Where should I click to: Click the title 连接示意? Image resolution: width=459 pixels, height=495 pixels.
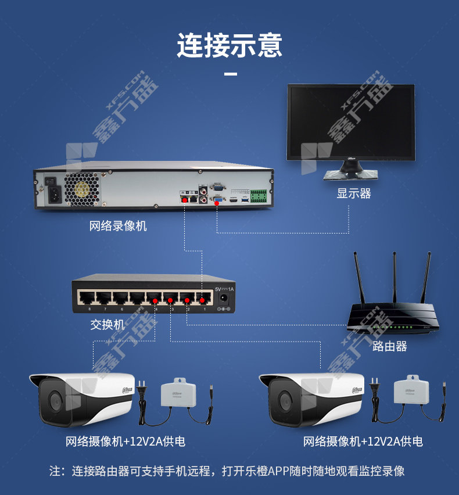coord(229,46)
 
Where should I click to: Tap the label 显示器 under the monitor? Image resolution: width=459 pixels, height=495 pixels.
coord(353,193)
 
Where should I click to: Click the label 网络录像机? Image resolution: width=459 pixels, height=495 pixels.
coord(118,225)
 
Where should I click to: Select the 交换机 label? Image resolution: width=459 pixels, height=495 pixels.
coord(107,324)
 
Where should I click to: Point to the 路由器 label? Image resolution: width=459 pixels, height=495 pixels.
coord(389,346)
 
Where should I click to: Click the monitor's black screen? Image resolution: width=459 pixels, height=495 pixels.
coord(351,121)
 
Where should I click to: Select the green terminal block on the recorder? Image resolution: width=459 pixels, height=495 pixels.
coord(259,196)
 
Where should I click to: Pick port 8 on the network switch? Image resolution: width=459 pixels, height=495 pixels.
coord(87,298)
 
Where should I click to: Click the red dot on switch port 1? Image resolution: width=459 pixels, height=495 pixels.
coord(202,300)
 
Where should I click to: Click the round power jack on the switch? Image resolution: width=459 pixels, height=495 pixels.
coord(223,299)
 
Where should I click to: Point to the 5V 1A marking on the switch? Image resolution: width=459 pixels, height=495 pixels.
coord(224,289)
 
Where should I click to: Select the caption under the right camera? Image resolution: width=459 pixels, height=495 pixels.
coord(363,442)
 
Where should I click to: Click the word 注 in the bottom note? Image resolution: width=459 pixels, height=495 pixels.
coord(55,471)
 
